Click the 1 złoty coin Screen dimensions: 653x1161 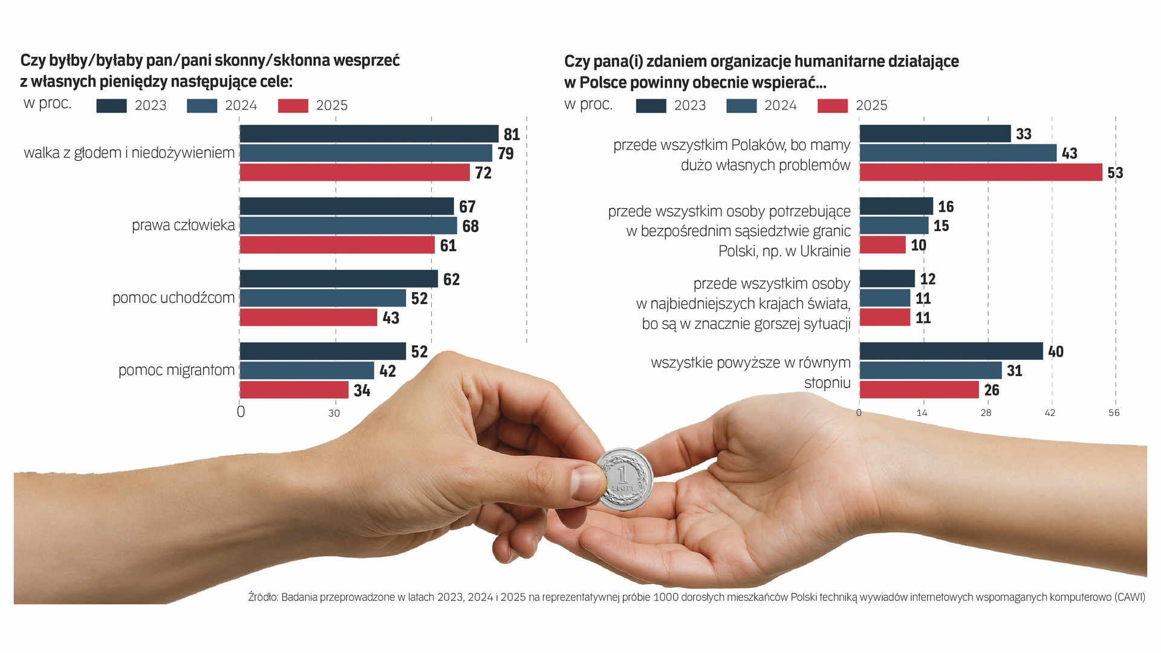pos(624,479)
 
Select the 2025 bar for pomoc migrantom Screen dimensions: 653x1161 pos(294,390)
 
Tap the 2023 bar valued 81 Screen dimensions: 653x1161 pos(369,134)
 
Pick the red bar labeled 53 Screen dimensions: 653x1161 pos(980,172)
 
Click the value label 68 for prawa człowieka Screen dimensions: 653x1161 pos(470,226)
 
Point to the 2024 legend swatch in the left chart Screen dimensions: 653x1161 pos(202,106)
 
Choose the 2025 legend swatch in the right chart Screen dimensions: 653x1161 pos(832,106)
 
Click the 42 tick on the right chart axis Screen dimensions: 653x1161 pos(1050,413)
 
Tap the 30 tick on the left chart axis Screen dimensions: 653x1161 pos(334,414)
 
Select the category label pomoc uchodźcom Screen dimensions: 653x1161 pos(174,298)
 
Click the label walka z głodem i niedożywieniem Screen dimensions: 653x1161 pos(129,153)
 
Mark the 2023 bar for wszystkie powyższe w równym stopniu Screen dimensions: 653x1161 pos(951,351)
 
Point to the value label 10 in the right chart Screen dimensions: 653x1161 pos(919,245)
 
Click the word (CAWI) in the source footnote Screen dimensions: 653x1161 pos(1130,597)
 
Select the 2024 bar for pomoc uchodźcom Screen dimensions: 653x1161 pos(323,298)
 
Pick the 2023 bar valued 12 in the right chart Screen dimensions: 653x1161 pos(886,279)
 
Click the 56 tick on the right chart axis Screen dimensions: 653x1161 pos(1114,413)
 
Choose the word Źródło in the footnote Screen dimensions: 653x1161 pos(262,597)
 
